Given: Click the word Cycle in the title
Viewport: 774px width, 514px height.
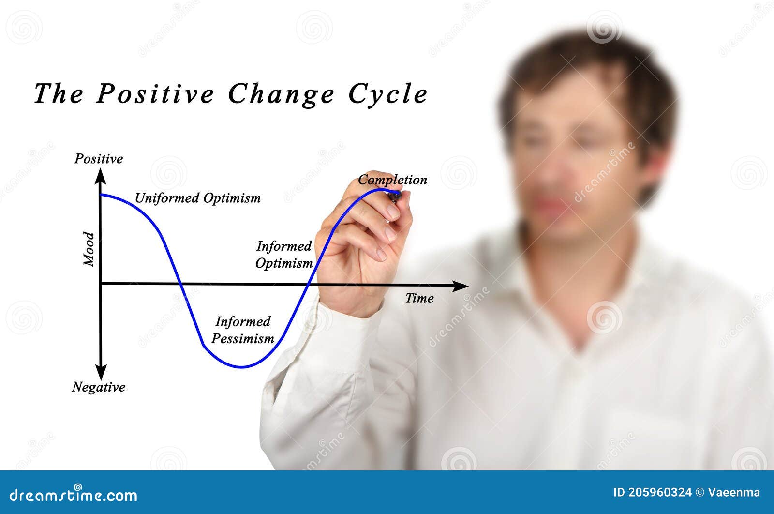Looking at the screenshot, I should tap(388, 93).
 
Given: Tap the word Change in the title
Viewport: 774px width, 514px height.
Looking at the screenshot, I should tap(281, 93).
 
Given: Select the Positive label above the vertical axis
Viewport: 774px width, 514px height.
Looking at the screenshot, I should tap(99, 159).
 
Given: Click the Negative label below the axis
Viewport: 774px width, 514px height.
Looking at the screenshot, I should tap(99, 387).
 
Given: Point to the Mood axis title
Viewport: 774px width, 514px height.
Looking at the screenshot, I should tap(89, 249).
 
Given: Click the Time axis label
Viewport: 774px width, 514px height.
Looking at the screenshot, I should tap(419, 298).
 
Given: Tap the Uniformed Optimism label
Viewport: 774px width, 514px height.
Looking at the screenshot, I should tap(197, 198).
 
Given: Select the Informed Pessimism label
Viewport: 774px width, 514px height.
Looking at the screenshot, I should tap(243, 330).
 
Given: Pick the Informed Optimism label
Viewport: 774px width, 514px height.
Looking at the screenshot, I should tap(284, 255).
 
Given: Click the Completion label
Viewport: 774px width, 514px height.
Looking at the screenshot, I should tap(392, 180).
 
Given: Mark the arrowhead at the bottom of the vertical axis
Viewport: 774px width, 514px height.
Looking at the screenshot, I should tap(101, 373).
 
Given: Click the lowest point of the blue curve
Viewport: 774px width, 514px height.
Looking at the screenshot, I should tap(242, 367).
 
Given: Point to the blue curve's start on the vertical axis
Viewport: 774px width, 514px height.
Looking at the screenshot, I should tap(101, 195).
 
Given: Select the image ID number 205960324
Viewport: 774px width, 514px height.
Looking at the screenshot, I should tap(660, 493).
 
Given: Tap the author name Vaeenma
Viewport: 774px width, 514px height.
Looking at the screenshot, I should tap(734, 493).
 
